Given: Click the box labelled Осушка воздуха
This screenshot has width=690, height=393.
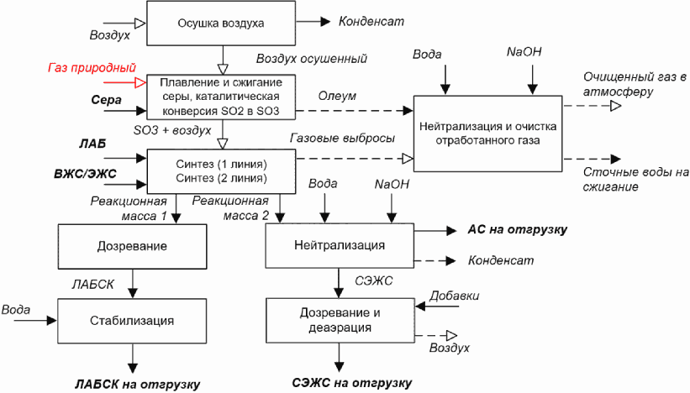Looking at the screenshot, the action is pos(221,23).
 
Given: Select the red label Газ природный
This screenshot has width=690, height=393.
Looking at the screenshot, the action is pos(92,68).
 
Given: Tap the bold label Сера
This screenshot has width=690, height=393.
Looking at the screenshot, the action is pos(107,100).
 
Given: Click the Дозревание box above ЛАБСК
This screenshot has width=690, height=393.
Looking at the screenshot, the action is pos(133,246).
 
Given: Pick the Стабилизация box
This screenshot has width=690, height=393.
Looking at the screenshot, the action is pos(132,321).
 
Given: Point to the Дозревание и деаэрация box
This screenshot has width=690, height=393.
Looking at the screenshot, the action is pos(340,320).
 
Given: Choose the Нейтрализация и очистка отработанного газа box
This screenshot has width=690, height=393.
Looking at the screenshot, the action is pos(487,134).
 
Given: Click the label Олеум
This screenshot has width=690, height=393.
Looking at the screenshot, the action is pos(337,96).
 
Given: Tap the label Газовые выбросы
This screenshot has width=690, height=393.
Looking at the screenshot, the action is pos(342,138).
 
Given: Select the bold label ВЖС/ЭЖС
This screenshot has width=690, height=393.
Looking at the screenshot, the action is pos(86,174).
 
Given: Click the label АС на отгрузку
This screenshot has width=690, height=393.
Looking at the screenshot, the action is pos(518,229).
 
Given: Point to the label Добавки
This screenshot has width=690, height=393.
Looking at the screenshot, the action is pos(454,296).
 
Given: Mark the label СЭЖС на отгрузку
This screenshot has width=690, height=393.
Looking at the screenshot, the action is pos(352,383).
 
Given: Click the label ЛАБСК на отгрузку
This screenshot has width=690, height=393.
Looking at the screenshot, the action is pos(137,385).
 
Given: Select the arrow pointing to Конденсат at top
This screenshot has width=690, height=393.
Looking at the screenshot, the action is pos(313,21).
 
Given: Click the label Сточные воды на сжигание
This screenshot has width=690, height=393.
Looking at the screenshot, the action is pos(635,180).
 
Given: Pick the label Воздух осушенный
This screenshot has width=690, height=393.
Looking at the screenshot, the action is pos(312,59).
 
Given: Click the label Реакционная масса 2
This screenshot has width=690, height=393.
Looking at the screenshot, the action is pos(230,208).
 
